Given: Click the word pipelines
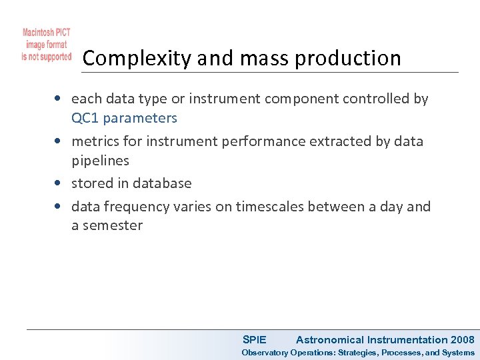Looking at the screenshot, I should tap(100, 161).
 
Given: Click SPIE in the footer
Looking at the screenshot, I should tap(254, 340).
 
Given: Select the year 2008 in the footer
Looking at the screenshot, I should tap(463, 340).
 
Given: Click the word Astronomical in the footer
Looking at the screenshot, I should tap(330, 340).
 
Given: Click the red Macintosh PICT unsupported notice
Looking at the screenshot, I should tap(46, 45).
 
